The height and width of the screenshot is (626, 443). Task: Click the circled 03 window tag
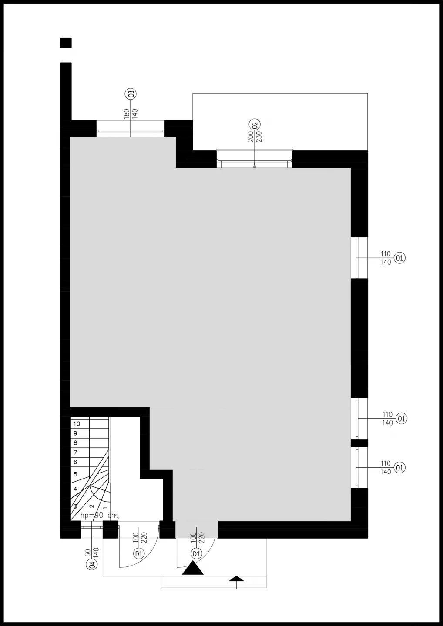130,93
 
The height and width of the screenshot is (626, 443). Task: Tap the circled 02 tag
255,124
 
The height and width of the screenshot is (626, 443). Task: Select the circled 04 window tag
92,564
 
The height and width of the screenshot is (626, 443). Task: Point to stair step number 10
77,424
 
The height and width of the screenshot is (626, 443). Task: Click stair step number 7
75,453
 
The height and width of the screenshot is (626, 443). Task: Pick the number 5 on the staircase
75,474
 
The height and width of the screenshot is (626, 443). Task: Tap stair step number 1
105,508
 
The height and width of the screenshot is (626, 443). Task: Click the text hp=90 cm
99,516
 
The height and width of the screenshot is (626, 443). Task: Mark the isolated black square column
66,43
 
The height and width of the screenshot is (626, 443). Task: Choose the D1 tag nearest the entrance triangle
196,554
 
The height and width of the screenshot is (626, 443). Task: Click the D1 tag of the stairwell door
139,554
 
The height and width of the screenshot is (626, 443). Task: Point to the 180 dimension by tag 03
126,114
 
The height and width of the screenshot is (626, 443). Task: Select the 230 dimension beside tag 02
259,137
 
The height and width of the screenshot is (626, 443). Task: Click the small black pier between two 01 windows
359,443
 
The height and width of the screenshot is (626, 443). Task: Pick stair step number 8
75,443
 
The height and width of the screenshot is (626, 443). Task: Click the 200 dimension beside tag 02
251,137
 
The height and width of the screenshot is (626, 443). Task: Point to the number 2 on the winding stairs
92,506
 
